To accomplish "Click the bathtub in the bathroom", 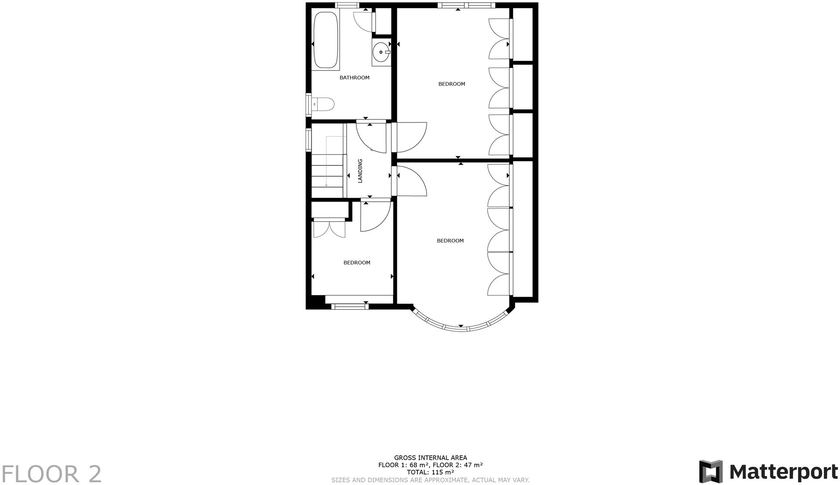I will [x=326, y=40].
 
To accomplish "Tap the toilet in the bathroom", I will [x=323, y=105].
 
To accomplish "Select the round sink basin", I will [x=380, y=52].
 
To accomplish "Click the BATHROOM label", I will [x=354, y=78].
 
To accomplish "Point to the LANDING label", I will [x=360, y=171].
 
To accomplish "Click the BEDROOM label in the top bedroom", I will [x=451, y=84].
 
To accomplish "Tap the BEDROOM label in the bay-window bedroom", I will [x=450, y=241].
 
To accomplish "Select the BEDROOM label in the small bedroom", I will [x=356, y=263].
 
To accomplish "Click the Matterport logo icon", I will [x=710, y=471].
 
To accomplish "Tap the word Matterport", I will [x=783, y=472].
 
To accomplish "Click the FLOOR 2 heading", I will [x=51, y=474].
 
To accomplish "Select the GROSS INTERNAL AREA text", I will [x=430, y=458].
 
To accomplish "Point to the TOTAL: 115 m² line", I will [x=430, y=472].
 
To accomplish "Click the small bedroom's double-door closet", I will [x=329, y=229].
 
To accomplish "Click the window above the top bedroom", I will [x=466, y=5].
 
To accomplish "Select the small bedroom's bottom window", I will [x=350, y=306].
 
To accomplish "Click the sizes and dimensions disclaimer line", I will [x=430, y=480].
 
